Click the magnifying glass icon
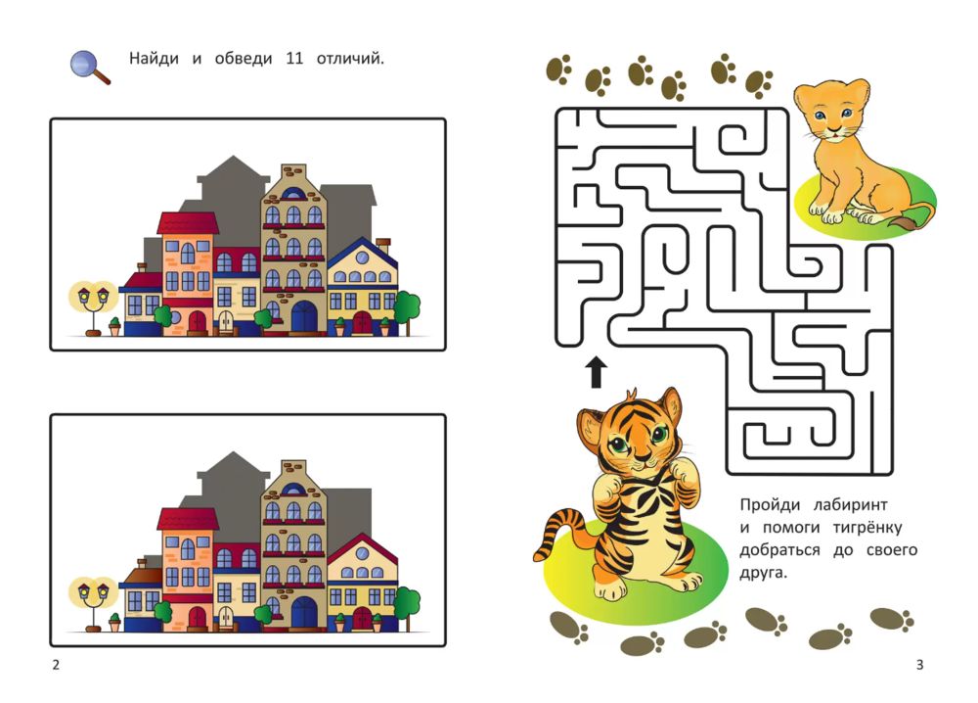point(89,67)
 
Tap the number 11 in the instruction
point(294,59)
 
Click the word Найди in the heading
point(155,58)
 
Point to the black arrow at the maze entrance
point(597,372)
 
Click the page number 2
point(56,665)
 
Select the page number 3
point(919,665)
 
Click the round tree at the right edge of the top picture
point(407,310)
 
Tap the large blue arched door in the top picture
point(304,316)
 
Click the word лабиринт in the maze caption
point(851,504)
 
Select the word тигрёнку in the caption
point(867,528)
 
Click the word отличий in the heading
point(350,59)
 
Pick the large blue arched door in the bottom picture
point(304,612)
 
